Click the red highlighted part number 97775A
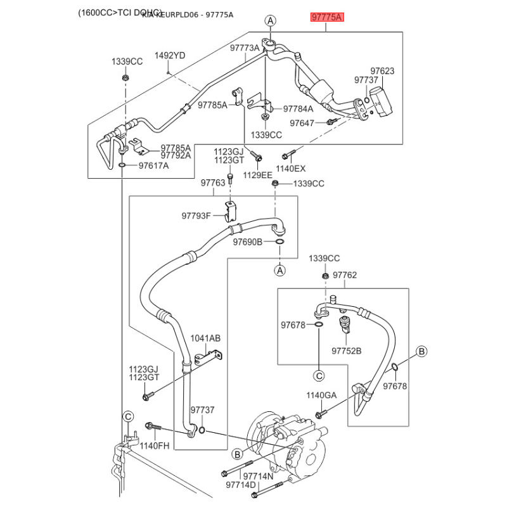(326, 17)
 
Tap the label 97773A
(245, 48)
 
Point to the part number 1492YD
(170, 56)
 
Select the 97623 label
(382, 71)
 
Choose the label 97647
(302, 122)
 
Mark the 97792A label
(176, 155)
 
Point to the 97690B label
(247, 241)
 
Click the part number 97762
(345, 275)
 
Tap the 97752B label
(346, 350)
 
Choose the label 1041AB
(205, 338)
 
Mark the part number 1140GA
(321, 395)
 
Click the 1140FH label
(155, 446)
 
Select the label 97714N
(240, 476)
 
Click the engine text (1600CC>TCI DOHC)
(121, 13)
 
